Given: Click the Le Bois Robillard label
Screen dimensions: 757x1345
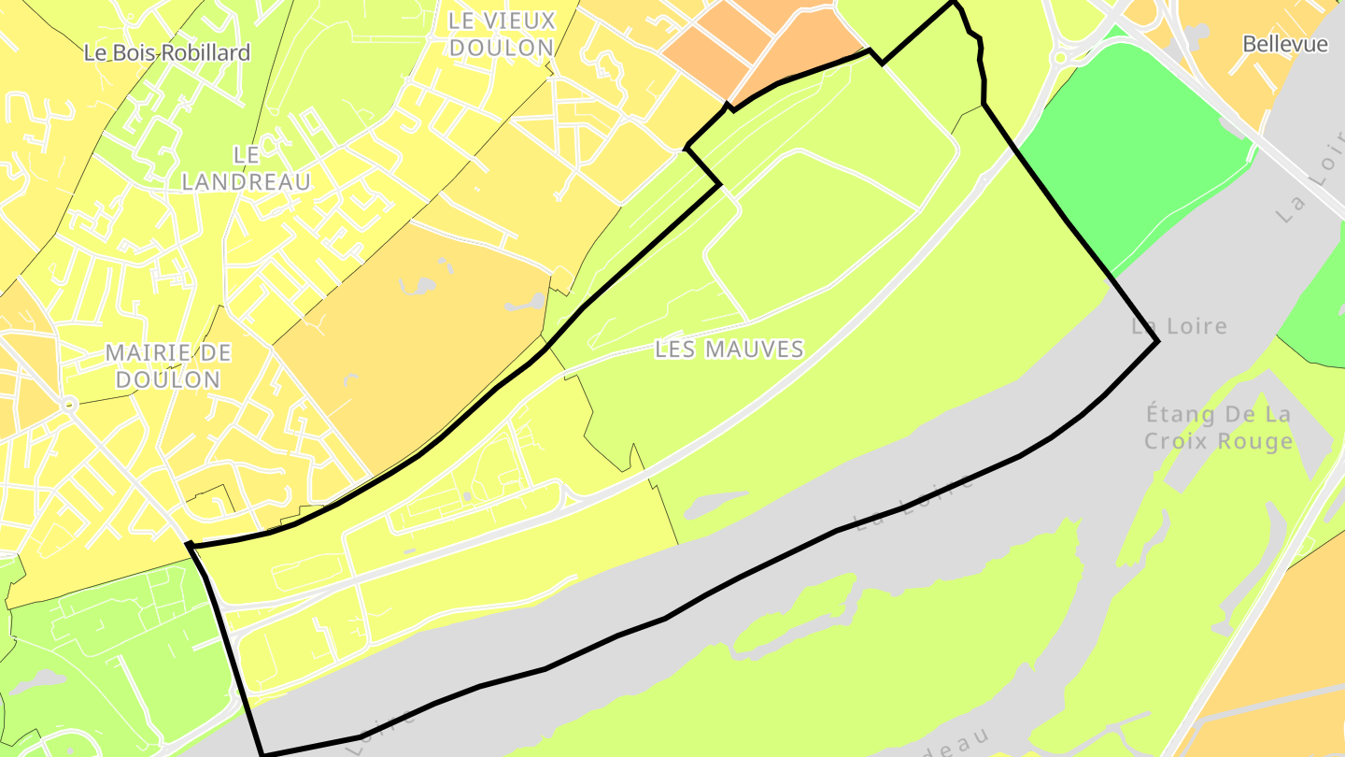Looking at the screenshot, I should point(167,52).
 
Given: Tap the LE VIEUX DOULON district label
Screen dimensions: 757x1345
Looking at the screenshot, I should point(502,34).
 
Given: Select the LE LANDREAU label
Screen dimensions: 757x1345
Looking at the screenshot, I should point(246,168).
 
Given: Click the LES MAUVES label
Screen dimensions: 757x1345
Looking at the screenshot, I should point(729,350).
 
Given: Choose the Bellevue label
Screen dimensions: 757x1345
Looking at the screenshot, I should point(1285,44).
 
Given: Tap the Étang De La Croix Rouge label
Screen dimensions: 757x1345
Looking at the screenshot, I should point(1219,427).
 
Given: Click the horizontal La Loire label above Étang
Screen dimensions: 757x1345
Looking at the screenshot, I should point(1179,326).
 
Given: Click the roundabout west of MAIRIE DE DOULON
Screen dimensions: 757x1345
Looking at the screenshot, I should point(67,405).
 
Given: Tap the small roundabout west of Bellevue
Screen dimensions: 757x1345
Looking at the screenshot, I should point(1059,58).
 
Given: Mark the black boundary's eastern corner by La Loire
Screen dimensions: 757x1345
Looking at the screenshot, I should point(1158,342).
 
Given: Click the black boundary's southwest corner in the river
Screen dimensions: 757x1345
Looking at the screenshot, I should point(263,753).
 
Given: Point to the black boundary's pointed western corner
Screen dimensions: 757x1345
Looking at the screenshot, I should point(189,544).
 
